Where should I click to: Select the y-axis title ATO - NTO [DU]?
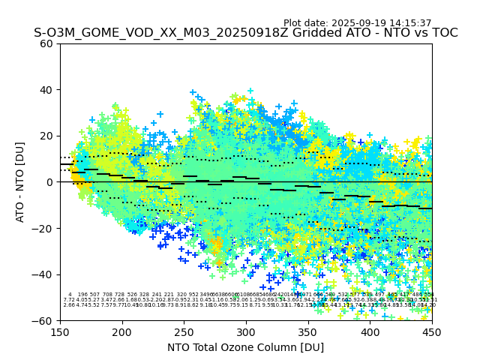point(21,181)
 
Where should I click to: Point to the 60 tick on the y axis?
point(46,43)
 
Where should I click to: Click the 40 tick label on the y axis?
point(46,90)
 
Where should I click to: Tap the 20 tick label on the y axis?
point(46,136)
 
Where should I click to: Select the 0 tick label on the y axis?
point(49,182)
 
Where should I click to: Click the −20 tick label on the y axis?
point(43,228)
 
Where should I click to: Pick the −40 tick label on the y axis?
point(43,274)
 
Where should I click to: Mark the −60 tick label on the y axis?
point(43,320)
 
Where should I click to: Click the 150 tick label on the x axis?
point(60,331)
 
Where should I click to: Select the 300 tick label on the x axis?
point(246,331)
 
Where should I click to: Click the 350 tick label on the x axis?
point(308,331)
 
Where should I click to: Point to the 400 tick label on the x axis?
point(370,331)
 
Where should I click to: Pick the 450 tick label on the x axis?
point(432,331)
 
